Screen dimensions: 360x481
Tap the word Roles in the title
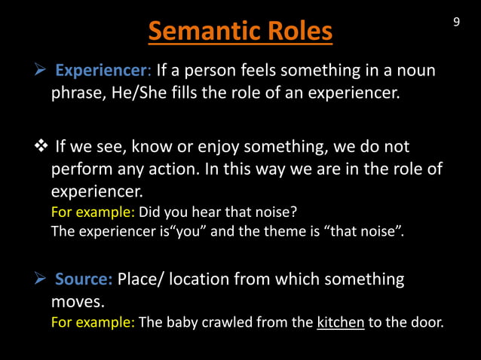click(x=292, y=32)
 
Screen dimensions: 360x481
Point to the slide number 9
click(x=456, y=22)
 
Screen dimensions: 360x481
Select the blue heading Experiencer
click(x=102, y=72)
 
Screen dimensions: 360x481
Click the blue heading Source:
click(x=84, y=279)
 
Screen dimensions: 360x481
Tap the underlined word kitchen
click(x=341, y=323)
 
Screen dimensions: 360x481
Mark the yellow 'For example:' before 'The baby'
click(x=93, y=323)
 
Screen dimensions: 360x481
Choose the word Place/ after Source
click(x=140, y=279)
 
